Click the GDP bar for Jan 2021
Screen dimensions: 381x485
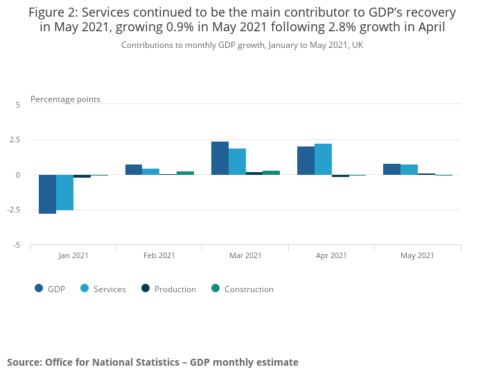point(47,194)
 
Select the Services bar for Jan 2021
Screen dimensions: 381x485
point(64,192)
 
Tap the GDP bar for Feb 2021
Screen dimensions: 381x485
point(134,169)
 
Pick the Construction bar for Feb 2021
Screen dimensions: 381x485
point(185,173)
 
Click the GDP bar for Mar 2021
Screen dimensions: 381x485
point(220,158)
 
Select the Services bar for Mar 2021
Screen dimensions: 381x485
point(237,162)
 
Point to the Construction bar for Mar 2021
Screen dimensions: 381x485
point(271,173)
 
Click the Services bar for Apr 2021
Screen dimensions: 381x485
point(323,160)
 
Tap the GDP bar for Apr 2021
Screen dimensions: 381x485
point(306,161)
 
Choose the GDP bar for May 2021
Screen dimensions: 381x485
point(391,169)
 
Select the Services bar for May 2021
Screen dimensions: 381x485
point(409,170)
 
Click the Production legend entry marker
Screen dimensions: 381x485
point(145,289)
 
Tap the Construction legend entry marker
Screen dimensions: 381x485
point(215,289)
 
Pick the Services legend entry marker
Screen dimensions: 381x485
point(85,289)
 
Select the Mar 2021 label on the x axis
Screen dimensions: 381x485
point(245,255)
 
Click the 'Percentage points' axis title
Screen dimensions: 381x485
point(65,99)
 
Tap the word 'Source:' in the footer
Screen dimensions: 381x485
point(24,362)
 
